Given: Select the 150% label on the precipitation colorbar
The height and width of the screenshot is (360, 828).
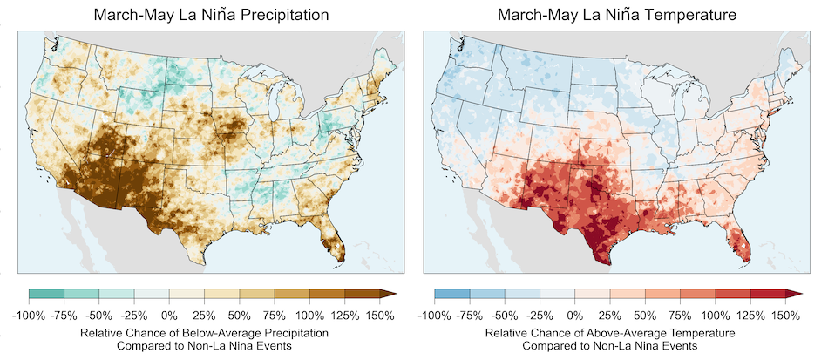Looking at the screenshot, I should [x=380, y=315].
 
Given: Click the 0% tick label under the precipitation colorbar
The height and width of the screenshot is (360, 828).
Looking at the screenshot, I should [x=169, y=315].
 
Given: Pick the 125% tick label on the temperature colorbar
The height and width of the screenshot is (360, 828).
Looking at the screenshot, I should [x=750, y=315].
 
